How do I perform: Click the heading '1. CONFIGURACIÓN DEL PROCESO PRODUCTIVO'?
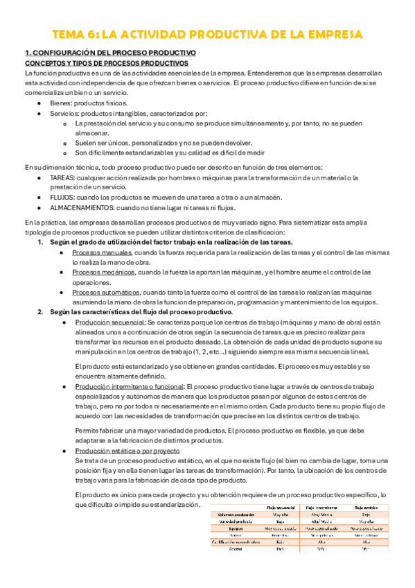pyautogui.click(x=110, y=53)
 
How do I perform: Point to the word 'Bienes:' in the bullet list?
pyautogui.click(x=62, y=103)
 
